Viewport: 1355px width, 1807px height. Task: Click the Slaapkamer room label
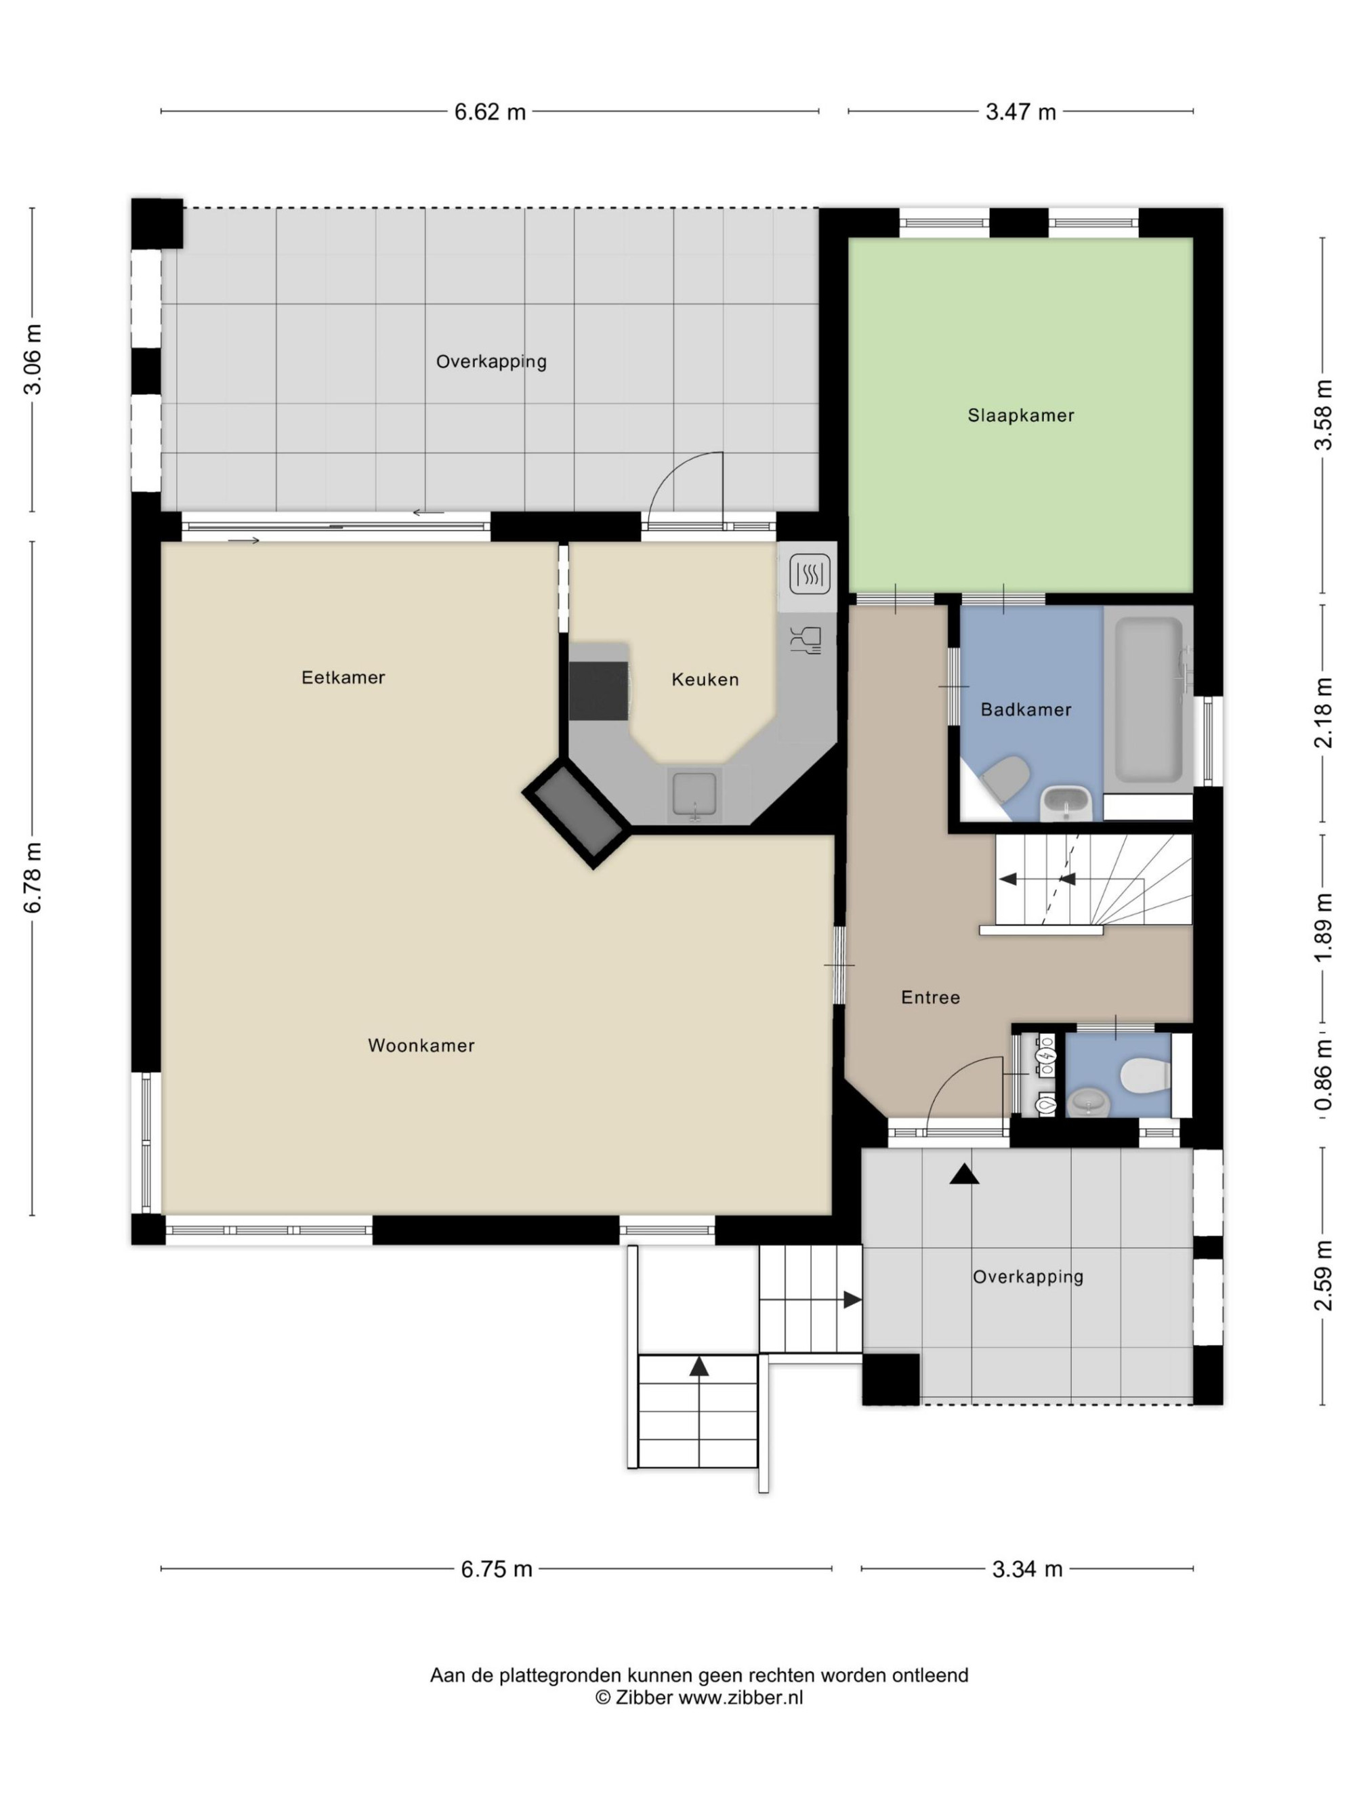(x=1020, y=415)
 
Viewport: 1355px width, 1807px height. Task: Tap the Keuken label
(x=705, y=679)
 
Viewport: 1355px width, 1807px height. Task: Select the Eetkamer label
(x=343, y=678)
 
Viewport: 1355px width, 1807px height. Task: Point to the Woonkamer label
(x=421, y=1045)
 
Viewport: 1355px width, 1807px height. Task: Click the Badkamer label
(x=1026, y=709)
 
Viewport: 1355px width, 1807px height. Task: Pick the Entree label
(x=930, y=997)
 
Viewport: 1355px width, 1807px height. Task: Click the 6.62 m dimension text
(x=490, y=112)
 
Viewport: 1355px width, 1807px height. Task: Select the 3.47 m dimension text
(x=1020, y=112)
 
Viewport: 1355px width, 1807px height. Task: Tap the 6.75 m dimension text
(x=497, y=1569)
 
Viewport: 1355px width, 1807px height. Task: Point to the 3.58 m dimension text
(x=1322, y=415)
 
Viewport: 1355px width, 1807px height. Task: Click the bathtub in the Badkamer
(x=1148, y=699)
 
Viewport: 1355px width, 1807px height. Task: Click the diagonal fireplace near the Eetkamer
(x=577, y=814)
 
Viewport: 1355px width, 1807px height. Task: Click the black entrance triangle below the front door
(x=965, y=1174)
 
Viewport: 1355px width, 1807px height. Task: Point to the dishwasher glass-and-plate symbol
(x=806, y=640)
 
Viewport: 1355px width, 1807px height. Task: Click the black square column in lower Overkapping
(x=891, y=1379)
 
